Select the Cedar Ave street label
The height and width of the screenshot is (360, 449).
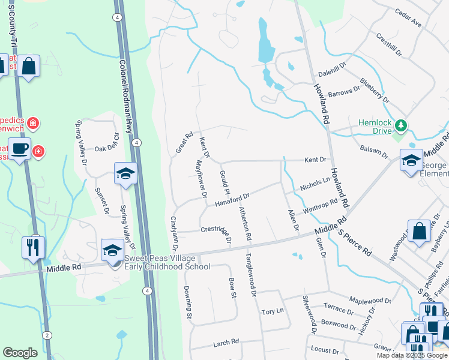point(408,19)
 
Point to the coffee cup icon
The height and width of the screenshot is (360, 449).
point(19,148)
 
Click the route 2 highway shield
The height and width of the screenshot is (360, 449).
point(47,334)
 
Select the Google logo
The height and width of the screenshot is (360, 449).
point(20,353)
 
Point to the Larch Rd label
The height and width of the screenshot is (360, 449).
point(226,343)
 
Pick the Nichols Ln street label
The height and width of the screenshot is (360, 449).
point(315,184)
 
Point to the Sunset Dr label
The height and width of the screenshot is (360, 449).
point(101,200)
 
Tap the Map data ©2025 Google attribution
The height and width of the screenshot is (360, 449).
point(412,355)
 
